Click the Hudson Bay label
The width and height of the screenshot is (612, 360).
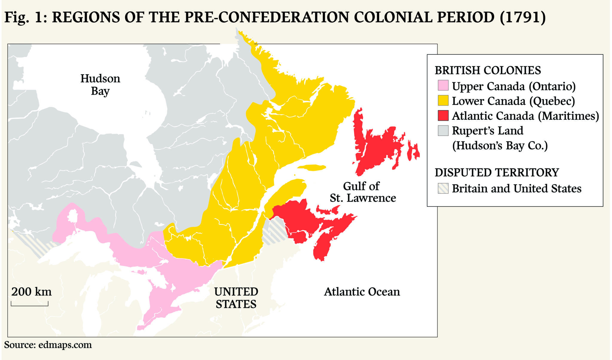pos(100,85)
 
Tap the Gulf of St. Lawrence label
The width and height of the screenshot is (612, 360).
pos(362,192)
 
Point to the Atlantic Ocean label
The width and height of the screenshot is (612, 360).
pos(362,292)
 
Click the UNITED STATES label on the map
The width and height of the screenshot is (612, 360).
pos(236,298)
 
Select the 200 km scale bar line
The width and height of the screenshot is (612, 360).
pos(30,305)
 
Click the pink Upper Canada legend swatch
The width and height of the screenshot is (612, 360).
pos(443,85)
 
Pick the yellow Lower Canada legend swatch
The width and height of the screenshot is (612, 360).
pos(443,100)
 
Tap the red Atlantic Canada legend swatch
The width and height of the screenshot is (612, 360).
pos(443,115)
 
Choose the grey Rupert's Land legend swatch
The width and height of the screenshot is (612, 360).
pos(443,131)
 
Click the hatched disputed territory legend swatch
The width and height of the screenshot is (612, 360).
pos(443,188)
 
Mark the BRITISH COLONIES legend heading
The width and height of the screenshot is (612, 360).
pos(487,70)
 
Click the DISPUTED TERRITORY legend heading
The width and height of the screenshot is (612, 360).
pos(497,172)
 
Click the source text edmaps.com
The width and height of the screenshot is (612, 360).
pos(65,345)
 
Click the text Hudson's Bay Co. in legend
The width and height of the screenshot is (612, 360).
pos(500,145)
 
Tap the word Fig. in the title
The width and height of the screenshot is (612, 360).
pos(16,17)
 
